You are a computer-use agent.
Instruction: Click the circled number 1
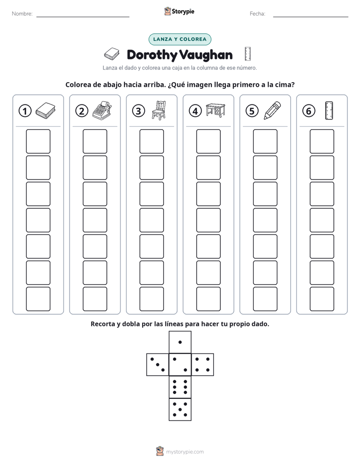click(x=25, y=111)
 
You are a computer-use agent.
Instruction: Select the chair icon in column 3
click(x=159, y=110)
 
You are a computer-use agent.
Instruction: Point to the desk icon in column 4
click(x=216, y=110)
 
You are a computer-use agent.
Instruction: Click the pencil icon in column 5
click(x=272, y=110)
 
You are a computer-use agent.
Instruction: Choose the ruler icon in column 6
click(x=329, y=110)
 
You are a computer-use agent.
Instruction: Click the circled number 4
click(x=195, y=111)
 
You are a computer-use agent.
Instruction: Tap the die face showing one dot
click(x=180, y=342)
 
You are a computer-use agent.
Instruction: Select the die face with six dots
click(x=180, y=387)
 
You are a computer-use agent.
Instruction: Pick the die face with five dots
click(x=180, y=409)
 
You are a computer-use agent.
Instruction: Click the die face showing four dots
click(x=203, y=365)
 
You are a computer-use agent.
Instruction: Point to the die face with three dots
click(x=158, y=365)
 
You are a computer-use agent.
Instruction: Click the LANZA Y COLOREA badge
click(x=180, y=39)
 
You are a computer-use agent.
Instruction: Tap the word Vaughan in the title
click(x=206, y=55)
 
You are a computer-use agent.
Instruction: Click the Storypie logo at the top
click(x=179, y=11)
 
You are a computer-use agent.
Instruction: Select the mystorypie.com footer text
click(x=185, y=452)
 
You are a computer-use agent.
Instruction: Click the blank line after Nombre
click(x=83, y=17)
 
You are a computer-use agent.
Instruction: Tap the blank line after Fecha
click(x=311, y=17)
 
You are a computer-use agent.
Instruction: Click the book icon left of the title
click(x=112, y=54)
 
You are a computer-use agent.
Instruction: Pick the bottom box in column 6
click(x=322, y=299)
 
